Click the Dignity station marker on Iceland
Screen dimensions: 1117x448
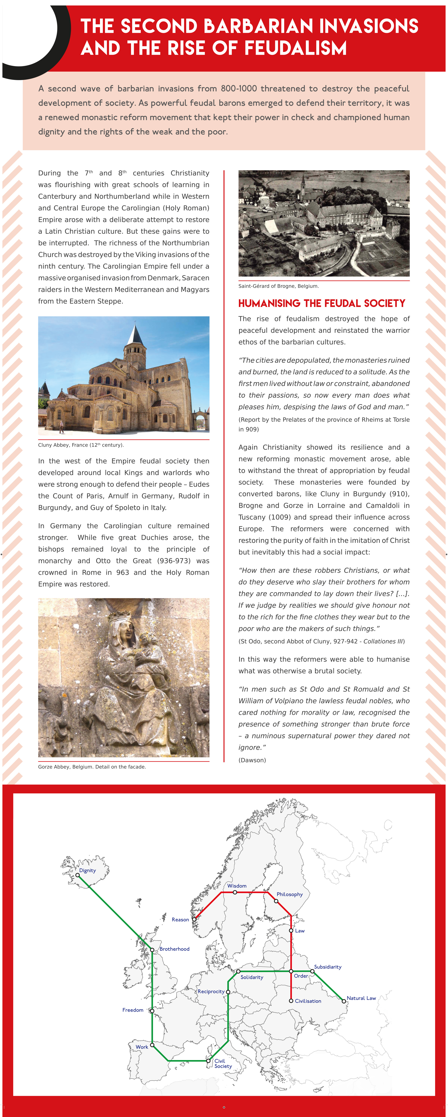coord(78,875)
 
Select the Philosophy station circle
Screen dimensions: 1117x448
coord(276,901)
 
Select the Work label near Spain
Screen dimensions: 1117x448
coord(142,1047)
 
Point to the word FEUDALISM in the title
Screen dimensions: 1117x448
coord(296,48)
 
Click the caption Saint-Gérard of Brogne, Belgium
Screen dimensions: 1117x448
coord(278,286)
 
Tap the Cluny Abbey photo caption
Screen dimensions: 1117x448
coord(80,445)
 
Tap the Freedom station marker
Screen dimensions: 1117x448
coord(152,1011)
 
